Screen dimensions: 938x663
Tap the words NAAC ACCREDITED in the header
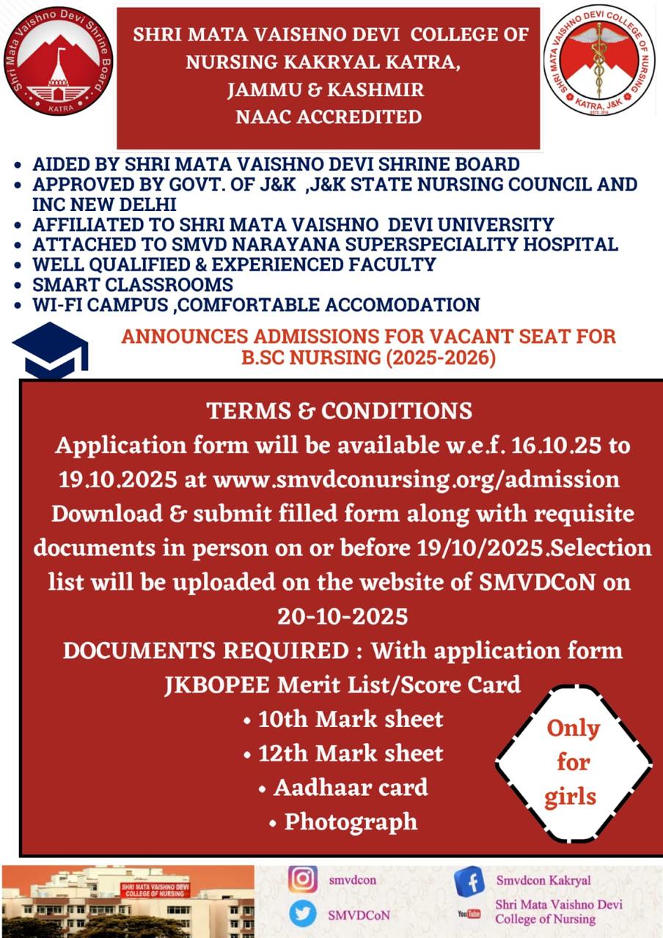tap(328, 117)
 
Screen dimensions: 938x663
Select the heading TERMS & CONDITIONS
tap(340, 410)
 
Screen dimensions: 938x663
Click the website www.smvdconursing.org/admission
tap(416, 479)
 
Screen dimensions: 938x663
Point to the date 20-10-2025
tap(342, 616)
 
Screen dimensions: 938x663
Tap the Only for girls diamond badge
tap(573, 763)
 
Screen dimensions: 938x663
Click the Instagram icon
tap(303, 879)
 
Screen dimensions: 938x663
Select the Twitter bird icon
tap(303, 914)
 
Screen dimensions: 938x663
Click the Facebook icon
tap(469, 881)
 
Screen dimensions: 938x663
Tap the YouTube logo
tap(469, 914)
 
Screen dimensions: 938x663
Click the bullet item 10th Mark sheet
tap(343, 719)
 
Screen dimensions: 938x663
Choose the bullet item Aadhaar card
tap(343, 788)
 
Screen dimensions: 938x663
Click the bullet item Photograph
tap(343, 821)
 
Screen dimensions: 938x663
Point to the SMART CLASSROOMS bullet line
tap(132, 284)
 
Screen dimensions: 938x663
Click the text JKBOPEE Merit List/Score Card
tap(343, 684)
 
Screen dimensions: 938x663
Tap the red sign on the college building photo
tap(155, 890)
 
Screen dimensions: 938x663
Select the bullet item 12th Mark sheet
tap(343, 753)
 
